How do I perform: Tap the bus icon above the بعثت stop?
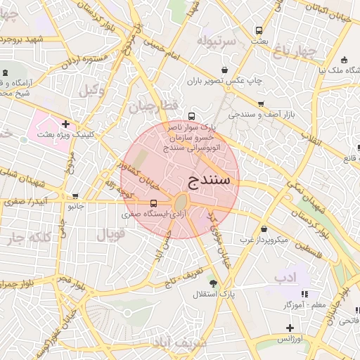(x=259, y=31)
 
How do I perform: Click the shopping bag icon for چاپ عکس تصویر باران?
(x=224, y=70)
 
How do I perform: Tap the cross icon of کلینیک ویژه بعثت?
(x=65, y=124)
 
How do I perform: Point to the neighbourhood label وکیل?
(x=91, y=90)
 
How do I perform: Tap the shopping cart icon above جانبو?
(x=75, y=196)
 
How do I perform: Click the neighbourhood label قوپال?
(x=109, y=233)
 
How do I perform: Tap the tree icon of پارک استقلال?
(x=213, y=283)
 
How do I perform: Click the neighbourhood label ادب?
(x=286, y=278)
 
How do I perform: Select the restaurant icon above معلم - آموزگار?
(x=304, y=294)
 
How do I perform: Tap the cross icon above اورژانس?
(x=290, y=328)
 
